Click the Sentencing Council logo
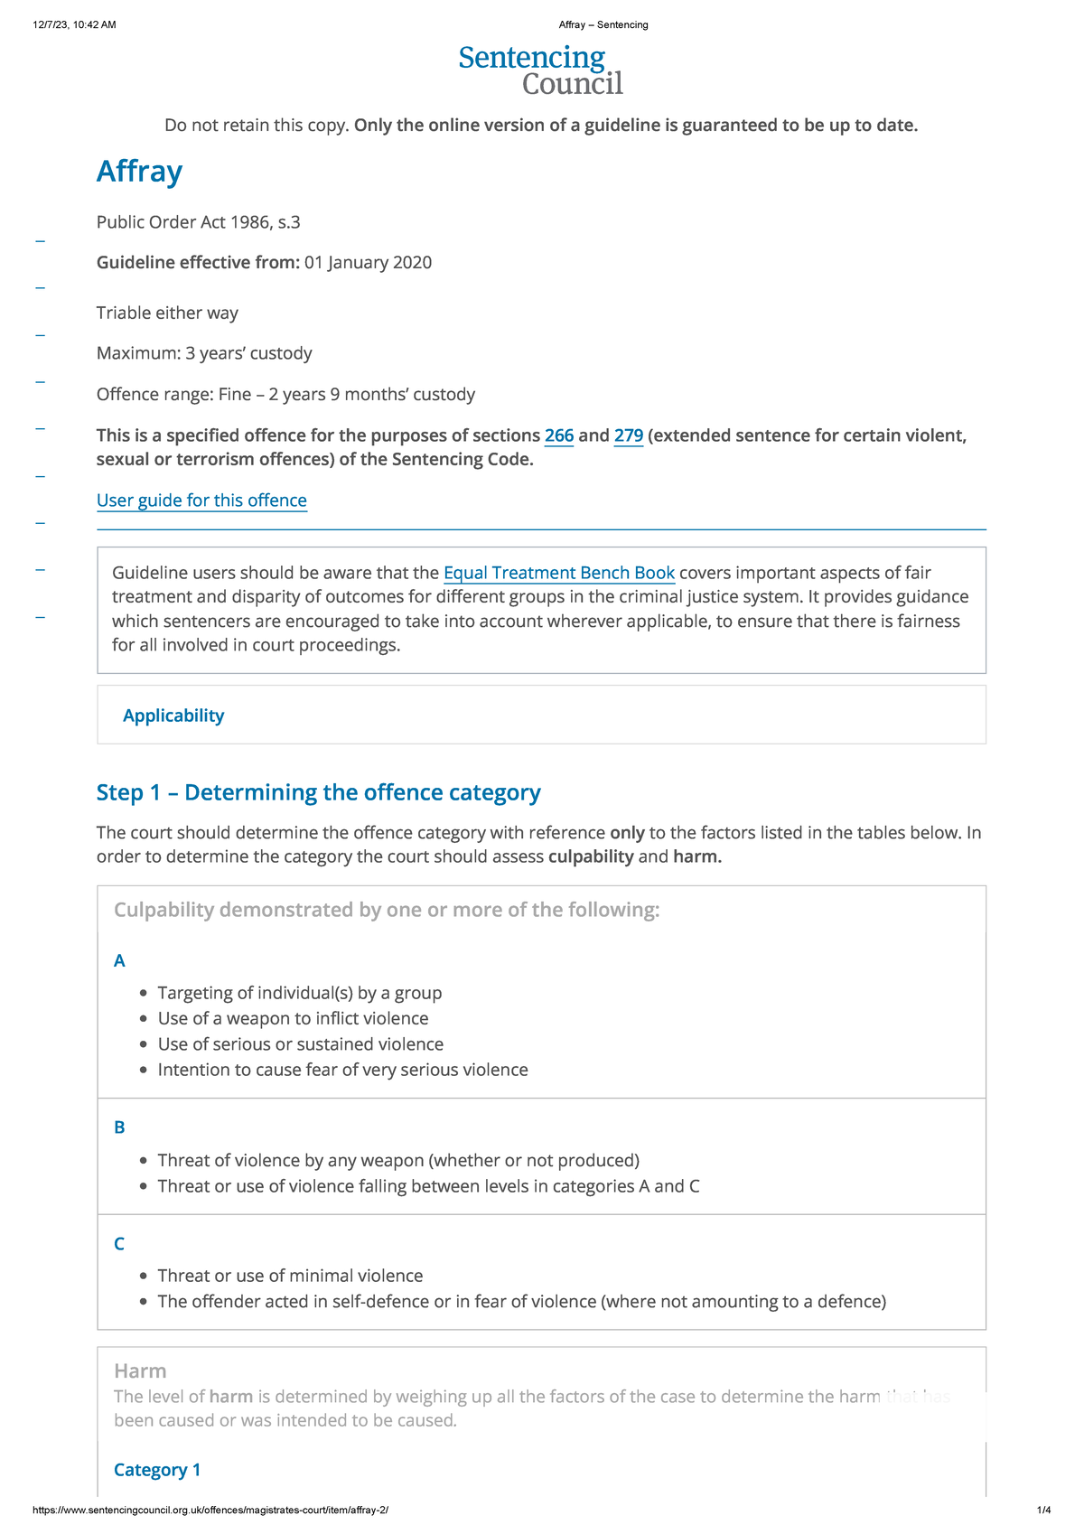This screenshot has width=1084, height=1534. pyautogui.click(x=540, y=70)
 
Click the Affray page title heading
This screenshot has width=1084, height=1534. pyautogui.click(x=139, y=171)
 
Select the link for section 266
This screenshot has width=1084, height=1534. pyautogui.click(x=559, y=435)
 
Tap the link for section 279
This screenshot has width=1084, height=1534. pyautogui.click(x=628, y=435)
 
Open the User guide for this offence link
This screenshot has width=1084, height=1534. pyautogui.click(x=201, y=500)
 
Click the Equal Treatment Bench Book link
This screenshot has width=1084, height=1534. pyautogui.click(x=559, y=573)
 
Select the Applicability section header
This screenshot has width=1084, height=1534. pyautogui.click(x=173, y=716)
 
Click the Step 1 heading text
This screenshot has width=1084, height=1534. pyautogui.click(x=318, y=792)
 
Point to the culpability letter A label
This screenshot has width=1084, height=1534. pyautogui.click(x=119, y=960)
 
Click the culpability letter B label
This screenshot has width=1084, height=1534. pyautogui.click(x=119, y=1127)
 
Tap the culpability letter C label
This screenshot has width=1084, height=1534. pyautogui.click(x=119, y=1244)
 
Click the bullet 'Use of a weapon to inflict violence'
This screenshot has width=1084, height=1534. pyautogui.click(x=293, y=1018)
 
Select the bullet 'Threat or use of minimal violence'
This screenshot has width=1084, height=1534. pyautogui.click(x=290, y=1276)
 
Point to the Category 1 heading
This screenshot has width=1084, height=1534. pyautogui.click(x=157, y=1470)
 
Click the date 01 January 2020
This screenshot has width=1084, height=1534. pyautogui.click(x=368, y=263)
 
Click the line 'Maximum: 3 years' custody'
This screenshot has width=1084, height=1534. pyautogui.click(x=204, y=353)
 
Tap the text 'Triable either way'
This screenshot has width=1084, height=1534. pyautogui.click(x=167, y=313)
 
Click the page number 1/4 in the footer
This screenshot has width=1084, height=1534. pyautogui.click(x=1043, y=1510)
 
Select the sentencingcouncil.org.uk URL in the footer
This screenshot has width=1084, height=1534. pyautogui.click(x=210, y=1510)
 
